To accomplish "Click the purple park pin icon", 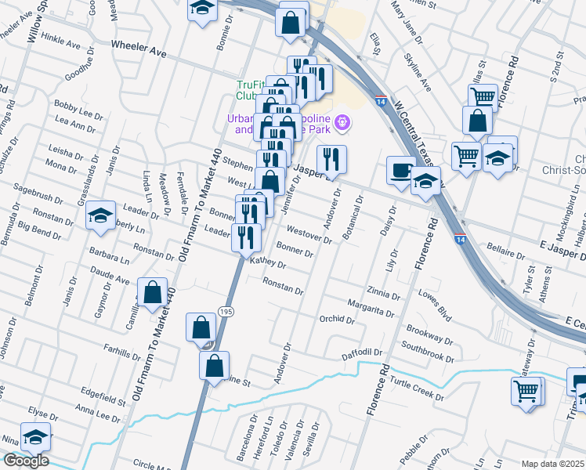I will point(341,123).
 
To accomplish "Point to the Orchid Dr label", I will point(338,320).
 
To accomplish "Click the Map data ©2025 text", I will point(552,464).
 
